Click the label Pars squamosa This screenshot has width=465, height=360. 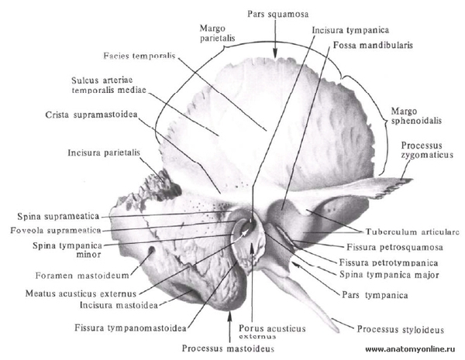(x=278, y=14)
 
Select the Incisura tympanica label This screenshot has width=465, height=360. (x=350, y=30)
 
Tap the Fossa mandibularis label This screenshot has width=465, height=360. (x=373, y=45)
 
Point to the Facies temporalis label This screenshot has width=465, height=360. (x=139, y=56)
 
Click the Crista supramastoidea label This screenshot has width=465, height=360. (x=91, y=115)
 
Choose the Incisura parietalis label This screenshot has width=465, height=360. (x=104, y=153)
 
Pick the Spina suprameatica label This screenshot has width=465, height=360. (x=58, y=216)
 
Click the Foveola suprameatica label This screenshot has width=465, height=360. (x=56, y=230)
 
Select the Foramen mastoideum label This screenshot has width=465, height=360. (x=82, y=276)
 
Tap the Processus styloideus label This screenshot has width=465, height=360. (x=401, y=330)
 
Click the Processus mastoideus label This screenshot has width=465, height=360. (x=228, y=348)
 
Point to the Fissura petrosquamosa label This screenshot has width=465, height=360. (x=395, y=247)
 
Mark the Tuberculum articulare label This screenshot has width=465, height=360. (x=412, y=231)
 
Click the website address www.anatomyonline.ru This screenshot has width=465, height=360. (x=411, y=349)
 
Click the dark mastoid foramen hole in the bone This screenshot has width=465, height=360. (x=152, y=250)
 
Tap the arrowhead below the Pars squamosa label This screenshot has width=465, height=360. (x=275, y=53)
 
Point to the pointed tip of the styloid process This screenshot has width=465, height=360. (x=338, y=331)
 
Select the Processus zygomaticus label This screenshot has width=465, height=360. (x=427, y=150)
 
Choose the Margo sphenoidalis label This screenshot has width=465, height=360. (x=416, y=116)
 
